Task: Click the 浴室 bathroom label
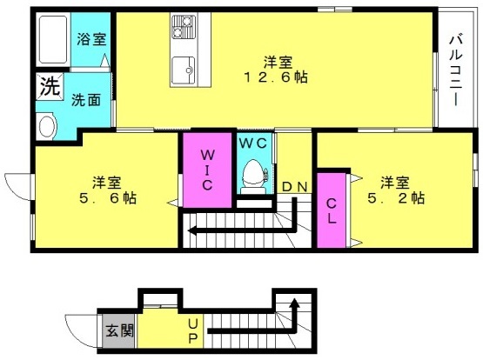[x=91, y=39]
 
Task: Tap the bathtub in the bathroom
[x=53, y=39]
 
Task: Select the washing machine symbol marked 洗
[x=50, y=86]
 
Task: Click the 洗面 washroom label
[x=86, y=100]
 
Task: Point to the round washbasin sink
[x=47, y=126]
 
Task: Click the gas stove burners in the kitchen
[x=184, y=27]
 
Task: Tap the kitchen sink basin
[x=184, y=70]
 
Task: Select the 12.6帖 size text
[x=276, y=77]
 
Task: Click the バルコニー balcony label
[x=456, y=70]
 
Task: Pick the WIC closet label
[x=207, y=170]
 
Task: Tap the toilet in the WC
[x=253, y=177]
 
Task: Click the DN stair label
[x=295, y=186]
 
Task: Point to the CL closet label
[x=332, y=210]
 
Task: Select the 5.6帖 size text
[x=108, y=198]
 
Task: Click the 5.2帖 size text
[x=396, y=198]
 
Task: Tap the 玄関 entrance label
[x=119, y=331]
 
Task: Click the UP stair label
[x=193, y=331]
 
